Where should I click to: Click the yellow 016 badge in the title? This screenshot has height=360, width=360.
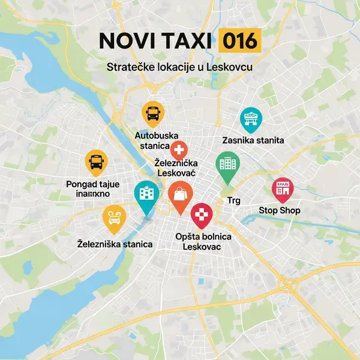(x=239, y=41)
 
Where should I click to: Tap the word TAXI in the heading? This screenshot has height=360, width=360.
(x=185, y=41)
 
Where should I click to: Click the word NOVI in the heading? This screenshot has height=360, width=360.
(x=124, y=41)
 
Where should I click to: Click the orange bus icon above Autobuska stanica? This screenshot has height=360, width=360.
(x=152, y=112)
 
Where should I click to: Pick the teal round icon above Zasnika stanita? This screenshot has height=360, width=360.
(x=250, y=119)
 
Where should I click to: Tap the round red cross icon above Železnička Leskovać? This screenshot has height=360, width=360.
(x=179, y=150)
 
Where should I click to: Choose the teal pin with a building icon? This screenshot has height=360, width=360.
(x=145, y=194)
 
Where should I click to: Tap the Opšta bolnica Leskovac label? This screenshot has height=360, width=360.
(x=203, y=242)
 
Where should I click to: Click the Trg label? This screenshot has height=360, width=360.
(x=233, y=200)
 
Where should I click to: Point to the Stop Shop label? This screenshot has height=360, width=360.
(x=280, y=211)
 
